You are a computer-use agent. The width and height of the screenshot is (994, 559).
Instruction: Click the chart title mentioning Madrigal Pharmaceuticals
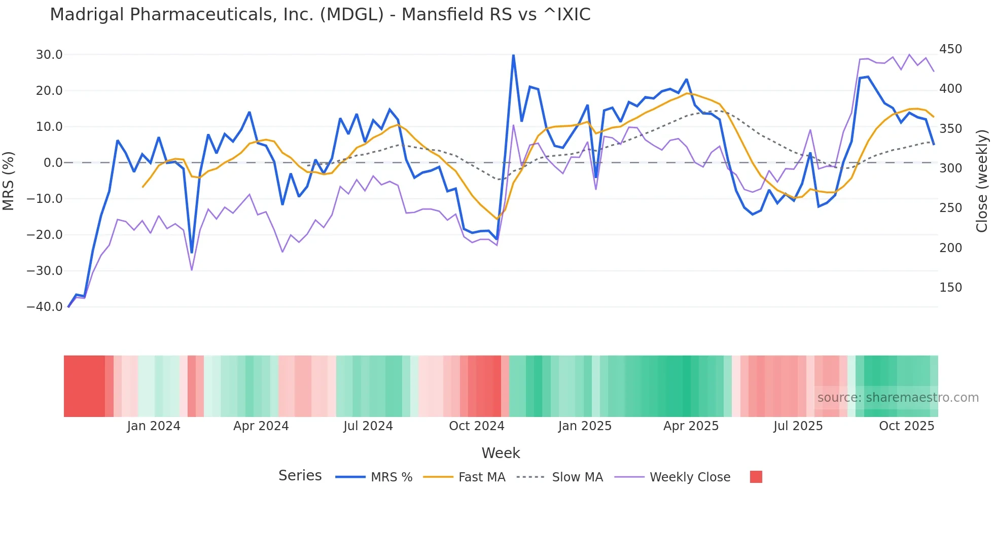coord(320,15)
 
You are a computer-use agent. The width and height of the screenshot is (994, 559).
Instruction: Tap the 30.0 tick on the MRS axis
coord(49,55)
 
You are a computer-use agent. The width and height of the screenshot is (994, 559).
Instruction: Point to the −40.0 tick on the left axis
coord(45,307)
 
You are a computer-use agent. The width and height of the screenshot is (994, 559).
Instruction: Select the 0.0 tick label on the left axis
coord(53,163)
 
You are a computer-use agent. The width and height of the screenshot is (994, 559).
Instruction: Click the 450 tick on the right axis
coord(950,49)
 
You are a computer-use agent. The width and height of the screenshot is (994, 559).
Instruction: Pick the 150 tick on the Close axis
coord(950,288)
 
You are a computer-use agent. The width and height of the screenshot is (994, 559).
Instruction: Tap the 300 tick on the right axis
coord(950,168)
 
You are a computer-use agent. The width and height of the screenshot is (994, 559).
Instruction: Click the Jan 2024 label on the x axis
coord(154,426)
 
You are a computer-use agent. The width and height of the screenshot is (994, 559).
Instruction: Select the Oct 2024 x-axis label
coord(477,426)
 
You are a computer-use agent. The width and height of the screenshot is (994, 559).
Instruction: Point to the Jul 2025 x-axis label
coord(798,426)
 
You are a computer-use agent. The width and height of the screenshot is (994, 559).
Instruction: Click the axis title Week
coord(501,453)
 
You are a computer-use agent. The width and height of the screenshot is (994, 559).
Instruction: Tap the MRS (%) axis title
coord(9,181)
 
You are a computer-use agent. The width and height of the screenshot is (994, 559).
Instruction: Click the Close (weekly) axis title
coord(982,181)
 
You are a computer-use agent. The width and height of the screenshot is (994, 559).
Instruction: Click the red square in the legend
coord(756,477)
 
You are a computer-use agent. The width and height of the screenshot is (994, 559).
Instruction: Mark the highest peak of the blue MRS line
coord(513,55)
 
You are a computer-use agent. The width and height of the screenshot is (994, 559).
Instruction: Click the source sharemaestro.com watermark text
coord(898,398)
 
